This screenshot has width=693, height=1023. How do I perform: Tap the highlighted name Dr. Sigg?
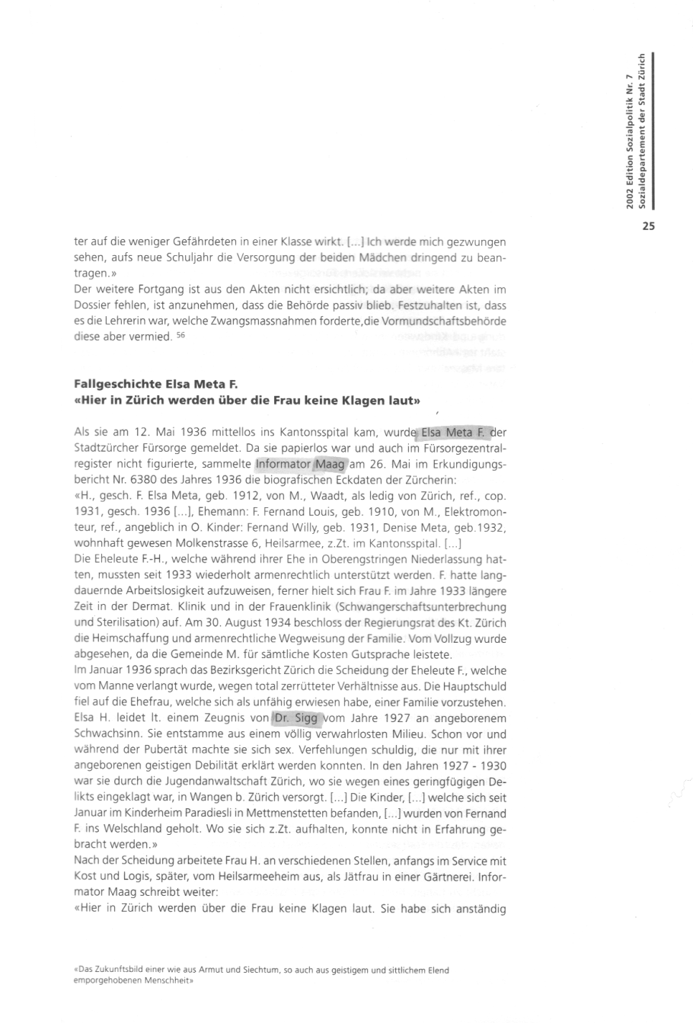298,718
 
